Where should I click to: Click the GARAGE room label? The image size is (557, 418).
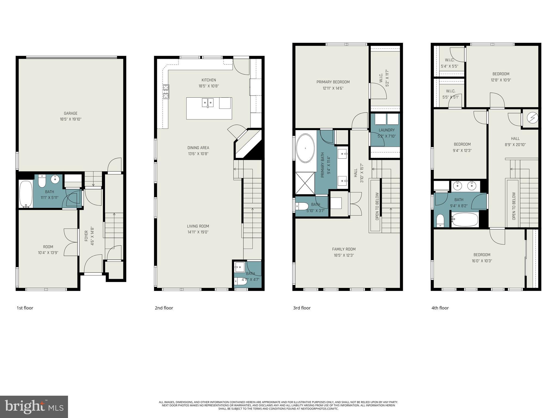tap(70, 113)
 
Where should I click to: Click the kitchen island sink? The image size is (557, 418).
tap(208, 103)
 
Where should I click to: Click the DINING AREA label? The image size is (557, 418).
tap(198, 148)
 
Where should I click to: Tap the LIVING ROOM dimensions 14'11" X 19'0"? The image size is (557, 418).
tap(198, 232)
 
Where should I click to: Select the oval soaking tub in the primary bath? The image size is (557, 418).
tap(305, 148)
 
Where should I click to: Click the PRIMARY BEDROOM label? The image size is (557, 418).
tap(333, 82)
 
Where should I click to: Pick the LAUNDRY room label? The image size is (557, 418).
tap(386, 130)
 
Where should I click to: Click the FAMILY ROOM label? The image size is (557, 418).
tap(344, 249)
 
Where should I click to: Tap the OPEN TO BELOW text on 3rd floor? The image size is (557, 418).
tap(377, 206)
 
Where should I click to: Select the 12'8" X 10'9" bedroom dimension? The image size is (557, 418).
tap(501, 80)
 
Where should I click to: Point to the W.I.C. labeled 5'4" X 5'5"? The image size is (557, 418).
tap(449, 63)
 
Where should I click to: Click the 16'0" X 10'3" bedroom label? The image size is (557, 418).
tap(482, 258)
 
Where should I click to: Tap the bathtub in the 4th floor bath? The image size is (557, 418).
tap(465, 220)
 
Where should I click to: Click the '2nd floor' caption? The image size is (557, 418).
tap(164, 308)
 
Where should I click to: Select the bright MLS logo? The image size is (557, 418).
tap(34, 407)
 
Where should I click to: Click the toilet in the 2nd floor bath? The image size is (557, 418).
tap(240, 282)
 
